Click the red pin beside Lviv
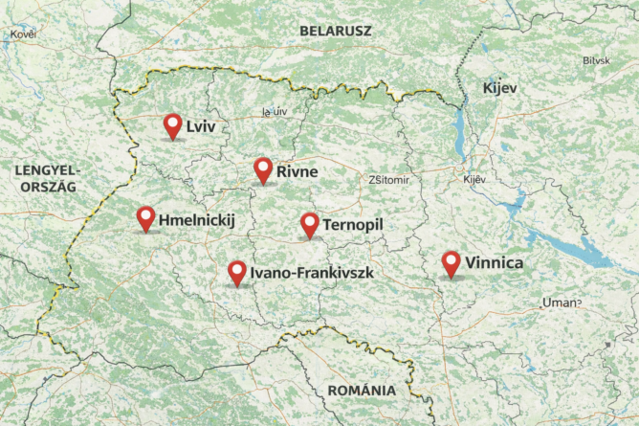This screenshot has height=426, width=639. (x=173, y=125)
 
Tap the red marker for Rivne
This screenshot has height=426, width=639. (x=263, y=169)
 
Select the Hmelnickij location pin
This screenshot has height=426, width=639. (x=145, y=218)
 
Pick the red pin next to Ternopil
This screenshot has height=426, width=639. (x=310, y=224)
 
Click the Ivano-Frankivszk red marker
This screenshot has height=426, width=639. (x=236, y=273)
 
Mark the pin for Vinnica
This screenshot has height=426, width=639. (x=451, y=263)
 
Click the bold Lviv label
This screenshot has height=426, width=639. (x=202, y=127)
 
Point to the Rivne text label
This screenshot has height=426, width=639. (x=297, y=172)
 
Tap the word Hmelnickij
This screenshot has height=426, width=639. (x=196, y=221)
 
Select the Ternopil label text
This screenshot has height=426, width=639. (x=353, y=224)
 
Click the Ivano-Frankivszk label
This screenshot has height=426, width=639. (x=310, y=274)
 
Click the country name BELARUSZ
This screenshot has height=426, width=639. (x=336, y=31)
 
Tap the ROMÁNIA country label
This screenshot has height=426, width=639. (x=361, y=391)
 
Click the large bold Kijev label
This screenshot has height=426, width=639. (x=499, y=88)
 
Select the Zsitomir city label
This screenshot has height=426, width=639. (x=388, y=180)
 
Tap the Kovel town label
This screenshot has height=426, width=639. (x=22, y=34)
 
